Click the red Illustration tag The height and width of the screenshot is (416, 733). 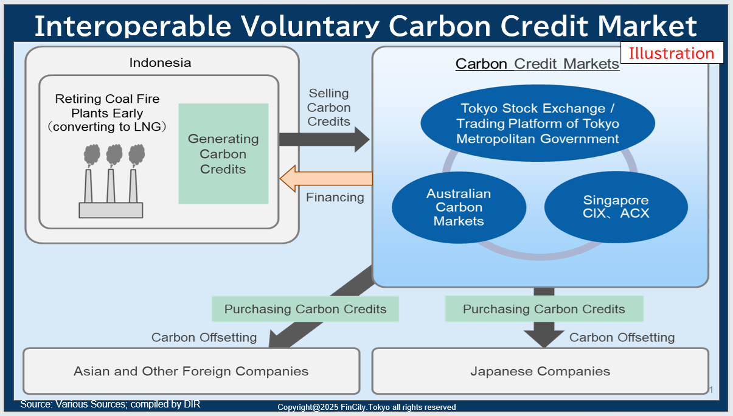click(x=672, y=54)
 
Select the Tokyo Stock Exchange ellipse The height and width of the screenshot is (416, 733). click(x=538, y=123)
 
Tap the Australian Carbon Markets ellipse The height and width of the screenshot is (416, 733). click(x=459, y=207)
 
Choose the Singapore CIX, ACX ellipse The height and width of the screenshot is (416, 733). click(x=616, y=207)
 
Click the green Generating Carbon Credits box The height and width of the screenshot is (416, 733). click(x=223, y=154)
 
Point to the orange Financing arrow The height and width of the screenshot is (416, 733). click(x=325, y=178)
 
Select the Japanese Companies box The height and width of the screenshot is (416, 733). click(x=540, y=371)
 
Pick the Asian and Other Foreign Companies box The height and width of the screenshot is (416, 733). click(x=191, y=371)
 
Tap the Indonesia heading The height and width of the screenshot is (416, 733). click(x=160, y=63)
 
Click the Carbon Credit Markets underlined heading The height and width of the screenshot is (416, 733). click(x=537, y=64)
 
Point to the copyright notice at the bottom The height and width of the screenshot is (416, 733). click(x=367, y=407)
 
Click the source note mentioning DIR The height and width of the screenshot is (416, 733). click(x=110, y=404)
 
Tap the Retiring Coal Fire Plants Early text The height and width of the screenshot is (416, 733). click(x=108, y=106)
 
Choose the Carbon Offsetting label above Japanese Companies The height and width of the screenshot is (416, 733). click(x=622, y=338)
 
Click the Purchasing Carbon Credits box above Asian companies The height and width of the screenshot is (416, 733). click(x=305, y=309)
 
